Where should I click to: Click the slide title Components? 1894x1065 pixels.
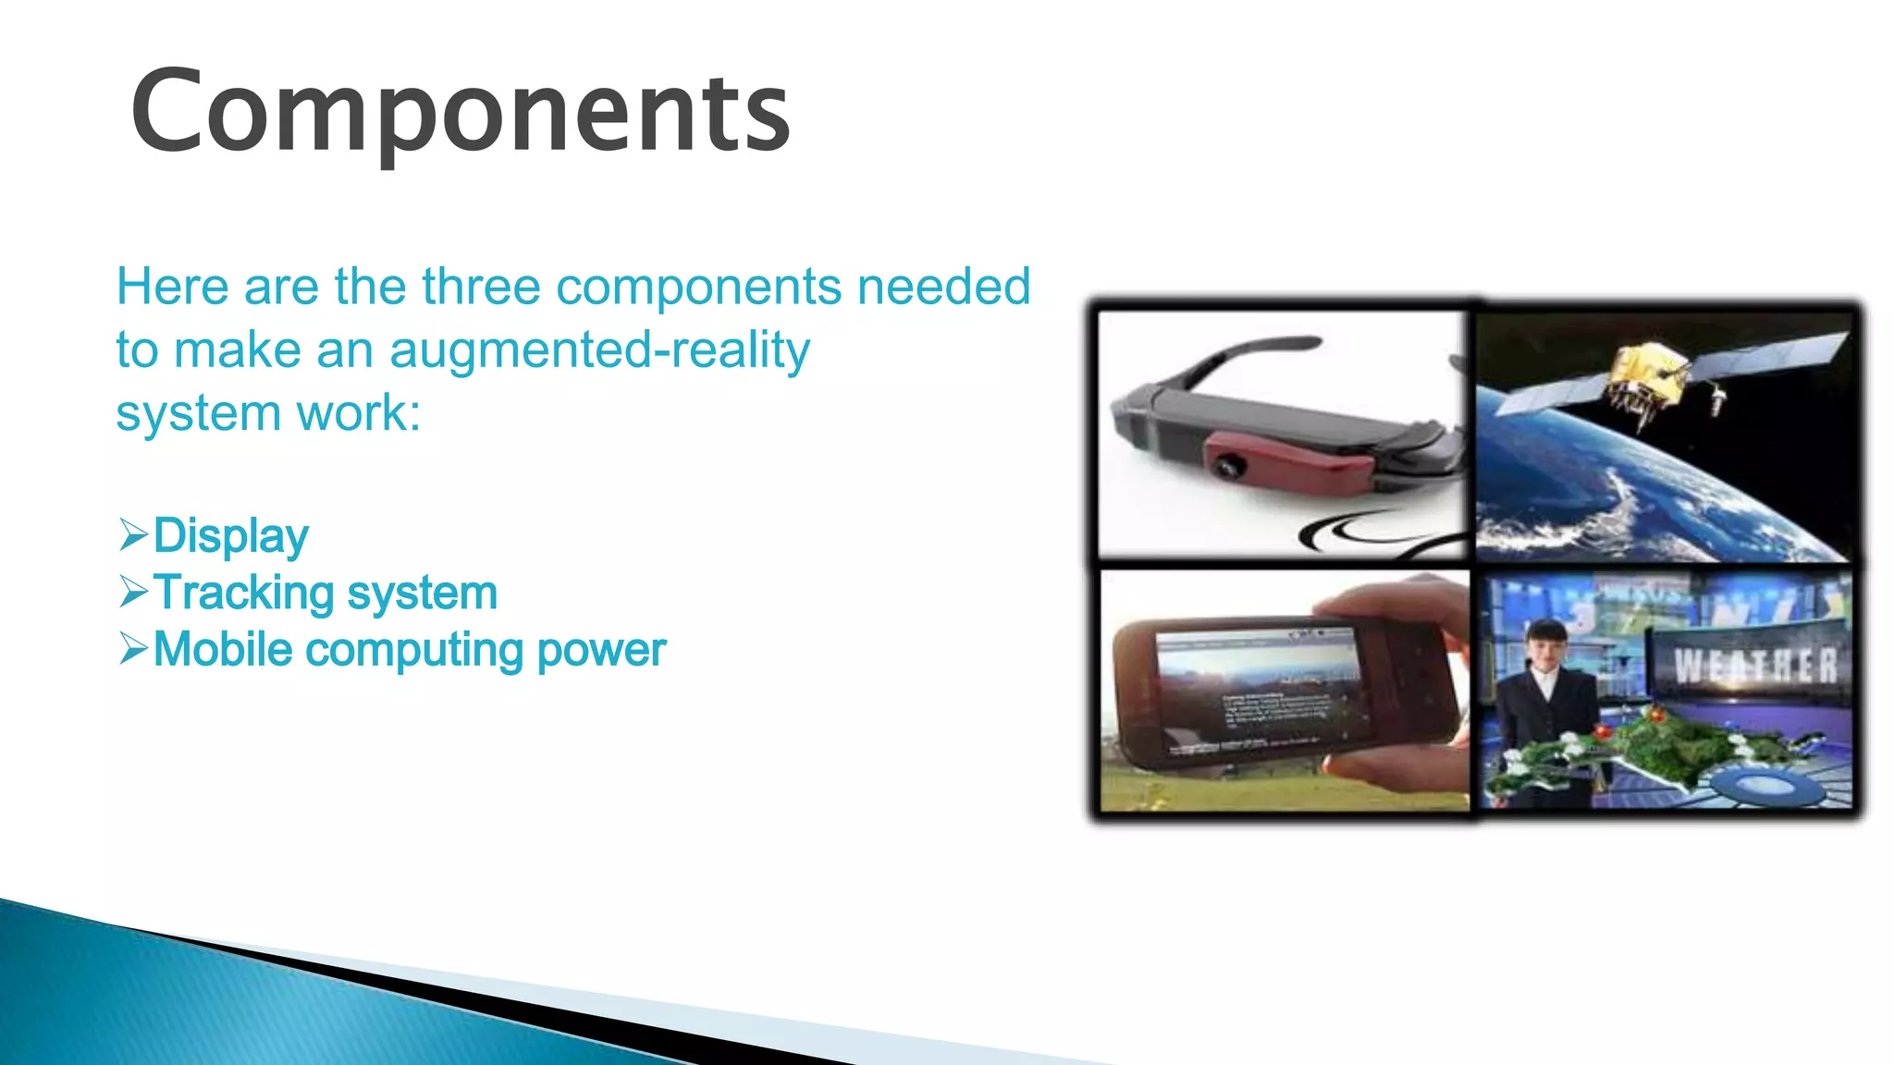click(x=461, y=113)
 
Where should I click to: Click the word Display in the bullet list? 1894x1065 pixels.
click(x=230, y=536)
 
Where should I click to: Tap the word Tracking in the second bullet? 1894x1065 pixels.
click(x=243, y=593)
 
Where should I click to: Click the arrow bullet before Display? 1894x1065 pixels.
click(x=133, y=535)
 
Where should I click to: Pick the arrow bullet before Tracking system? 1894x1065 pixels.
click(x=133, y=592)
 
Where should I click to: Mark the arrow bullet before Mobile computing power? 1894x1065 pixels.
click(x=133, y=649)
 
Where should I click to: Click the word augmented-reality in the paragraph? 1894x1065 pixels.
click(x=599, y=350)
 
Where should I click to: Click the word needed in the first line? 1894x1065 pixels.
click(x=943, y=287)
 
